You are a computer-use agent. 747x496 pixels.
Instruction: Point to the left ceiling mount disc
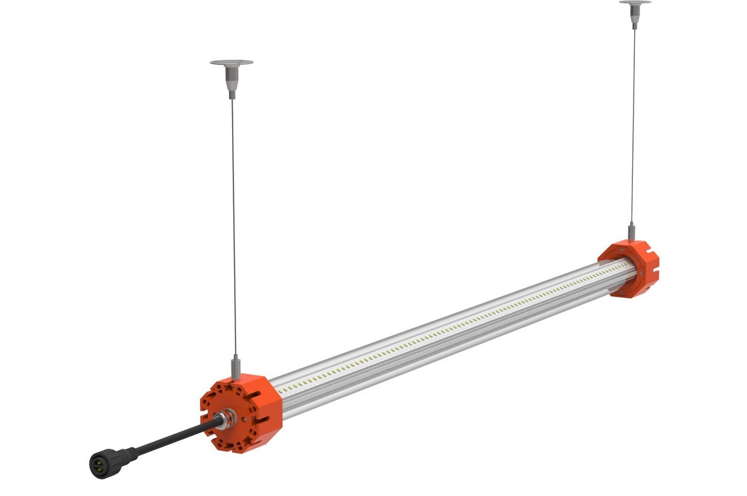pyautogui.click(x=231, y=63)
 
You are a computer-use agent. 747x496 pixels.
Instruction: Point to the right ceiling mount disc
pyautogui.click(x=635, y=3)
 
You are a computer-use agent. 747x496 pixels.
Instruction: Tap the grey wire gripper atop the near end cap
pyautogui.click(x=235, y=366)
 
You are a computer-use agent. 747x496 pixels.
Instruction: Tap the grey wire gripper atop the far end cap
pyautogui.click(x=631, y=232)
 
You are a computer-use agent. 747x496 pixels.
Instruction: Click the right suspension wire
pyautogui.click(x=633, y=120)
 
